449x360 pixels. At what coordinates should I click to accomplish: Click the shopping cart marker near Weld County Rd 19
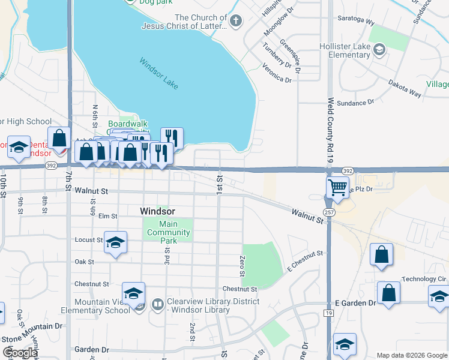(x=337, y=187)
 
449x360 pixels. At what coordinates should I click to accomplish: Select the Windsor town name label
(x=157, y=211)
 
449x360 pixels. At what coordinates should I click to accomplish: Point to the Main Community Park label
(x=169, y=233)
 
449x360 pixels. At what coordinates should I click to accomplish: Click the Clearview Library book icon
(x=157, y=305)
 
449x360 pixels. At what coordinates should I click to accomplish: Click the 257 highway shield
(x=329, y=212)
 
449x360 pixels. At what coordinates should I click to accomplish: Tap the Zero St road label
(x=243, y=265)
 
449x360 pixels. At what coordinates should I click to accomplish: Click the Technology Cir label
(x=424, y=279)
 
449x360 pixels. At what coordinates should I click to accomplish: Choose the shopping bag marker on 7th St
(x=59, y=139)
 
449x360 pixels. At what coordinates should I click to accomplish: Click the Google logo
(x=20, y=353)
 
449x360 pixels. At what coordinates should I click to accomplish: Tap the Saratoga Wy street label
(x=357, y=22)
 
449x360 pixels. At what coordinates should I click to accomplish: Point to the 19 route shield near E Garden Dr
(x=329, y=313)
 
